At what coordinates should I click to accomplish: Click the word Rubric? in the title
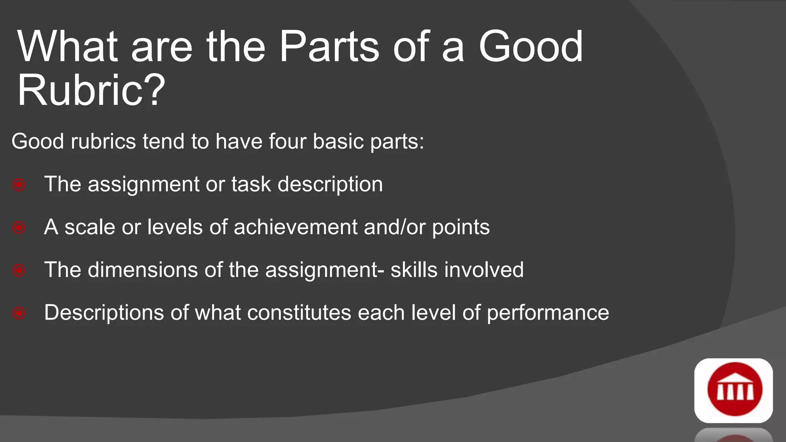point(91,91)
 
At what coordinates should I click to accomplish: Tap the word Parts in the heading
point(329,47)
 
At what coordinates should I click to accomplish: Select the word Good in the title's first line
point(530,47)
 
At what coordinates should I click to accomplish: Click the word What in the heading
point(67,47)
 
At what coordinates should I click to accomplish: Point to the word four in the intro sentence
point(287,141)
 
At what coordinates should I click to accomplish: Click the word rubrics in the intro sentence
point(103,141)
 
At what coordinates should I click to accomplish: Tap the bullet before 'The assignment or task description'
point(19,185)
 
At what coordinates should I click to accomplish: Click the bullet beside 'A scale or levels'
point(19,228)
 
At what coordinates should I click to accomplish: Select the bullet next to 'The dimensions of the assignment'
point(19,270)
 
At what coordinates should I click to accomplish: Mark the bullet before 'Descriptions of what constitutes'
point(19,313)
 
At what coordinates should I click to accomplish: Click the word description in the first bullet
point(330,185)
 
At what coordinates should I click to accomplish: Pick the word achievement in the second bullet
point(296,227)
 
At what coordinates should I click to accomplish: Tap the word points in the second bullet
point(461,228)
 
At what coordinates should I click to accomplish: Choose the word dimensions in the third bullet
point(143,270)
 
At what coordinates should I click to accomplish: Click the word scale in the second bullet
point(89,227)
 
